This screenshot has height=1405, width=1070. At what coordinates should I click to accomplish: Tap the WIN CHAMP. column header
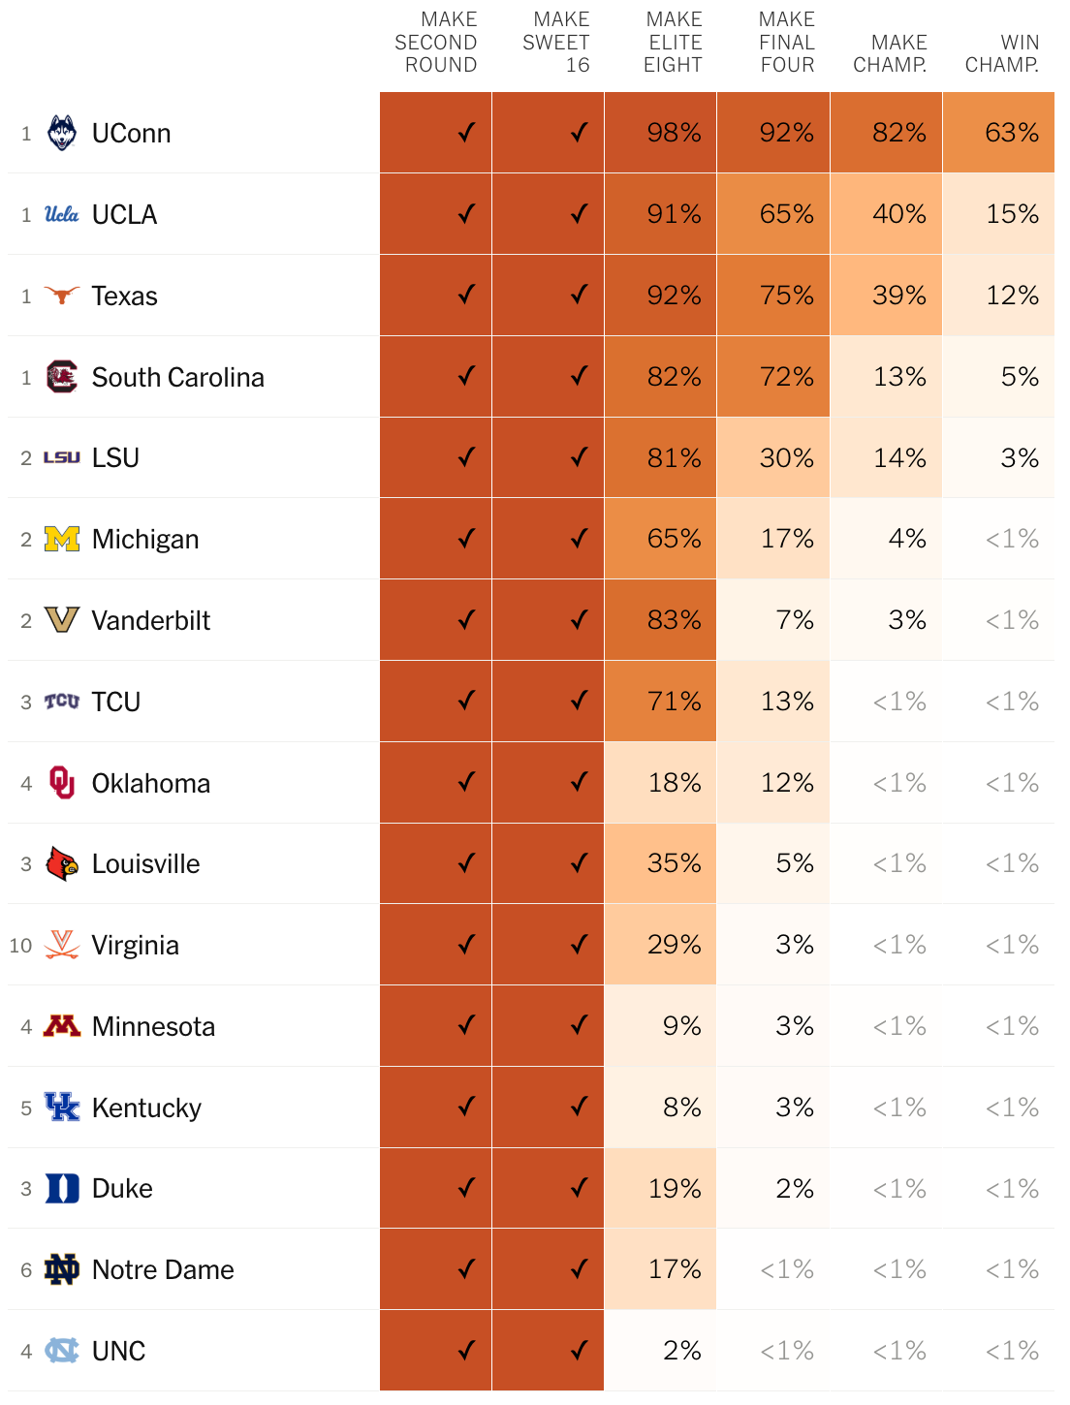click(x=1001, y=53)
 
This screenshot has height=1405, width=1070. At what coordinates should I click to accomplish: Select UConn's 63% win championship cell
click(x=998, y=133)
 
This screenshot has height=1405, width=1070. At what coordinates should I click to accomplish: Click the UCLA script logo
click(x=61, y=214)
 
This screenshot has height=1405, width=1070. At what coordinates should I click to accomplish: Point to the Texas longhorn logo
click(x=61, y=296)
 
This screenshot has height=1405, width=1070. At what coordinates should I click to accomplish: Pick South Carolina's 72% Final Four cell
click(x=773, y=376)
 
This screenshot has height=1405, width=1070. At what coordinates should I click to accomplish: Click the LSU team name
click(x=115, y=457)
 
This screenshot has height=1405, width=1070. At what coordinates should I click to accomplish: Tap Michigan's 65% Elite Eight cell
click(x=660, y=539)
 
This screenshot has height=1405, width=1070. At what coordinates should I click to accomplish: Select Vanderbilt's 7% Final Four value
click(x=795, y=619)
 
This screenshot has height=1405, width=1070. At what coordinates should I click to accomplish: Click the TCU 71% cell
click(x=660, y=701)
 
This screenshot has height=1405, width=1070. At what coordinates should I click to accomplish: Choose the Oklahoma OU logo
click(x=62, y=782)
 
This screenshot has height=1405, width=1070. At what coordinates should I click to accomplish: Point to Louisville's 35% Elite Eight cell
click(x=660, y=863)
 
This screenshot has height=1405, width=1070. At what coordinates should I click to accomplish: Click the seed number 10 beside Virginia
click(x=20, y=946)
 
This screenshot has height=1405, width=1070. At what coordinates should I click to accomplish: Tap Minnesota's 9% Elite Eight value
click(x=682, y=1026)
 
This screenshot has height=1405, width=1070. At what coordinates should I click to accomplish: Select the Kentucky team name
click(x=146, y=1108)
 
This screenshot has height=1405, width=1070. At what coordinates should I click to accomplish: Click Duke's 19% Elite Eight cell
click(x=660, y=1188)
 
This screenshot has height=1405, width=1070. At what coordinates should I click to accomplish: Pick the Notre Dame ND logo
click(x=61, y=1269)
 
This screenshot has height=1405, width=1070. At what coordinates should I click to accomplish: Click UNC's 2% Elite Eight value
click(x=682, y=1351)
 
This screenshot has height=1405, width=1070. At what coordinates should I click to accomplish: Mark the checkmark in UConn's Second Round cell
click(x=466, y=133)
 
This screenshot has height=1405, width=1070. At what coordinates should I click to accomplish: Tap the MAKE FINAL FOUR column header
click(x=786, y=43)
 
